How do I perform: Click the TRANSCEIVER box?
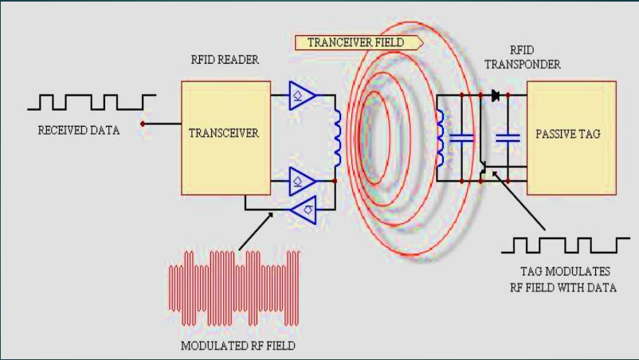pyautogui.click(x=224, y=133)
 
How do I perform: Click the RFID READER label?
pyautogui.click(x=225, y=60)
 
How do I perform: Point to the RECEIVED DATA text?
pyautogui.click(x=79, y=130)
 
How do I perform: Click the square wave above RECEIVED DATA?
pyautogui.click(x=92, y=101)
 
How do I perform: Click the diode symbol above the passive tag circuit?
pyautogui.click(x=495, y=96)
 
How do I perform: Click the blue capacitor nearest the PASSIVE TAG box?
pyautogui.click(x=508, y=139)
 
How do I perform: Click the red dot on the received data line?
pyautogui.click(x=143, y=123)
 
